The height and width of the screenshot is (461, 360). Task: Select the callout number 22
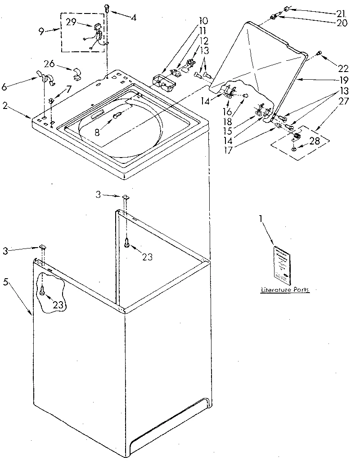coord(343,68)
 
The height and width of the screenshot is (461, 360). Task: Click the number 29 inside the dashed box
coord(71,22)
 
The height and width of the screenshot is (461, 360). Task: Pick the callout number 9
coord(41,32)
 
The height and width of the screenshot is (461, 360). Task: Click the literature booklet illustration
coord(282,263)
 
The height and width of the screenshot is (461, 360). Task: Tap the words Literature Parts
coord(285,290)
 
